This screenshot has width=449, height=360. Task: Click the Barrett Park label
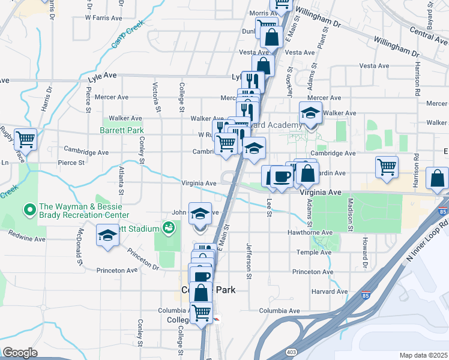[122, 130]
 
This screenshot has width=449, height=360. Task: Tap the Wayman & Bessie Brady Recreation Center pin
[29, 210]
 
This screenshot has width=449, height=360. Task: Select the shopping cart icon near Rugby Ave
[25, 140]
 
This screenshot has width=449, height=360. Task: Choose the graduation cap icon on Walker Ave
[310, 112]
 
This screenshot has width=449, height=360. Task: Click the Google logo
[20, 353]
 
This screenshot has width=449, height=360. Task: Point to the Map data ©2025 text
[423, 355]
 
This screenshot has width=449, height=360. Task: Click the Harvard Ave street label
[330, 292]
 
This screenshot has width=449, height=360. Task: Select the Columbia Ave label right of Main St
[279, 311]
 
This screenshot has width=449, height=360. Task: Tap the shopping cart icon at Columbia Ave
[201, 312]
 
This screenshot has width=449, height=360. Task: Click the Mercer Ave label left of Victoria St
[111, 97]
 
